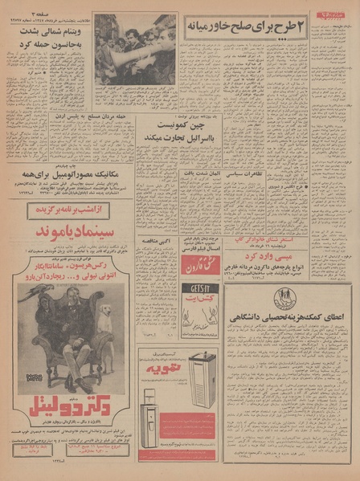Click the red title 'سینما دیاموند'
(68, 231)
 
